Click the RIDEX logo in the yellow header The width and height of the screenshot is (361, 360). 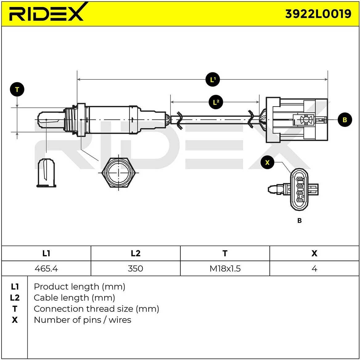pos(46,13)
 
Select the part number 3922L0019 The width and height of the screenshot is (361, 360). pos(318,14)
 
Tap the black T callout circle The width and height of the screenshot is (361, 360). pos(17,90)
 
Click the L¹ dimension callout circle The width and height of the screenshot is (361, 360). pos(213,80)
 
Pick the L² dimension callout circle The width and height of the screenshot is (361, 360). pos(216,102)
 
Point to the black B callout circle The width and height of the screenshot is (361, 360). pos(345,119)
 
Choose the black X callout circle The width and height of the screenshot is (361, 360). pos(267,162)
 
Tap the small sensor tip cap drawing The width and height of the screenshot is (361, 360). pos(47,173)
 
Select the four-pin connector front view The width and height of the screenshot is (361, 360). pos(299,189)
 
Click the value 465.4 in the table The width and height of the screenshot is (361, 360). pos(46,269)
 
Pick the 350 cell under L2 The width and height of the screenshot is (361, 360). pos(135,269)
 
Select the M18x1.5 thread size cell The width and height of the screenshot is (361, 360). pos(225,269)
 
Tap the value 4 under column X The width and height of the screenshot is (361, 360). pos(314,269)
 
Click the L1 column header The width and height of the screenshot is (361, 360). pos(46,253)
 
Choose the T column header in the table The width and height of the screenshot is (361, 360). pos(225,253)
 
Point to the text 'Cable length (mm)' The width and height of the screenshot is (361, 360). pos(74,298)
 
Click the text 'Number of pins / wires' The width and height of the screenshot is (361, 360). pos(82,320)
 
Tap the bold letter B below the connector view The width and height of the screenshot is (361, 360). pos(299,220)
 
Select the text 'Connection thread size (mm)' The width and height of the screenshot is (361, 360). pos(96,309)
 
